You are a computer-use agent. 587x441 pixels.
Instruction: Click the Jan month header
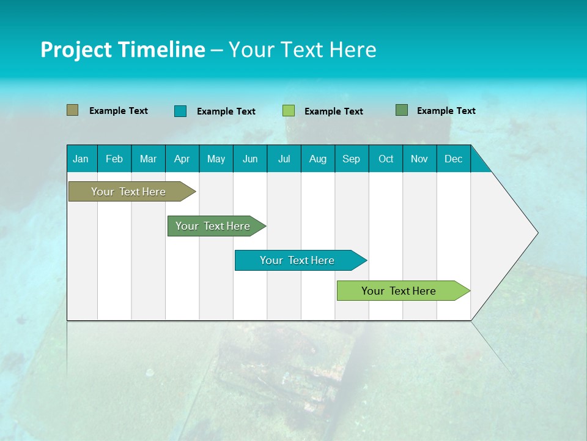[x=81, y=159]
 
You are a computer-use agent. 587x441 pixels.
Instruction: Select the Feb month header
[x=114, y=159]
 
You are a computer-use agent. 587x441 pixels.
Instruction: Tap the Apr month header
[x=182, y=159]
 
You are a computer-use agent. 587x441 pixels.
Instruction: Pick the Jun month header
[x=250, y=159]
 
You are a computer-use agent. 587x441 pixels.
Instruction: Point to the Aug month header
[x=317, y=159]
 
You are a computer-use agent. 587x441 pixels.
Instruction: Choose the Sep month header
[x=351, y=159]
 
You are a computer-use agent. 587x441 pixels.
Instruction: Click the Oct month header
[x=386, y=159]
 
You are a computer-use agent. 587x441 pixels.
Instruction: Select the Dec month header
[x=453, y=159]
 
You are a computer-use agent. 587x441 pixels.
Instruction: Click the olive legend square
[x=72, y=110]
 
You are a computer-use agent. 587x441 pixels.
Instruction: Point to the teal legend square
[x=180, y=111]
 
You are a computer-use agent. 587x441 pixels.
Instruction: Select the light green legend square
[x=288, y=111]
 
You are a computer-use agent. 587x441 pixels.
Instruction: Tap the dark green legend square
[x=401, y=110]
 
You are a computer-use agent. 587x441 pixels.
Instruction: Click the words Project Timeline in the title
[x=122, y=50]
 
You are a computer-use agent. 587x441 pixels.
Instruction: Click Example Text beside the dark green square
[x=446, y=110]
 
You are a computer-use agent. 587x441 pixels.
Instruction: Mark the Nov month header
[x=419, y=159]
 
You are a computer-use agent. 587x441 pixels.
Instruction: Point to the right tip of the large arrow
[x=536, y=233]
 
